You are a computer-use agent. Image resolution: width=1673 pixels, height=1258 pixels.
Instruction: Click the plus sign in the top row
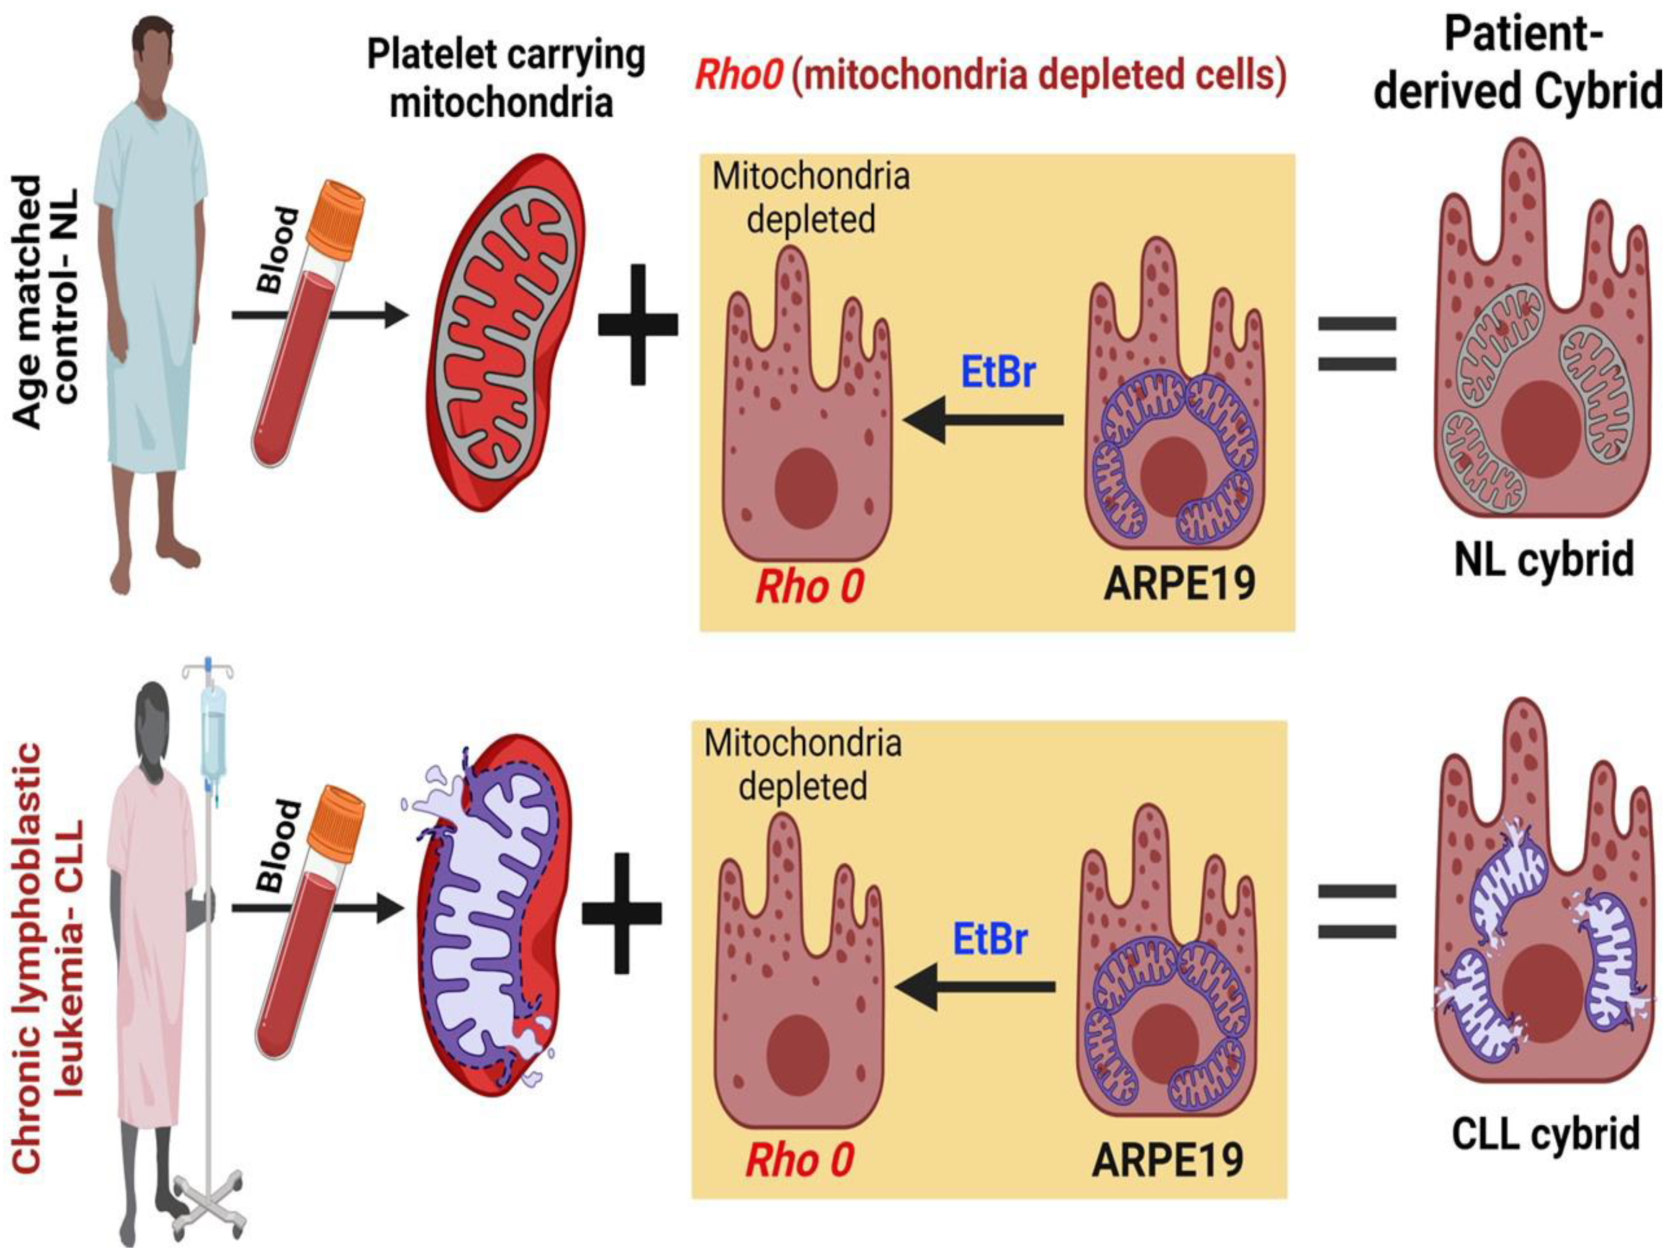click(x=638, y=324)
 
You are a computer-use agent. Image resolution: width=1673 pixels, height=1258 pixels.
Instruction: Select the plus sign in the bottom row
click(x=622, y=913)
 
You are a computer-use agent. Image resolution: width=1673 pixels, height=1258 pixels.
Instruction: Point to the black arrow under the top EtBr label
click(x=983, y=420)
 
